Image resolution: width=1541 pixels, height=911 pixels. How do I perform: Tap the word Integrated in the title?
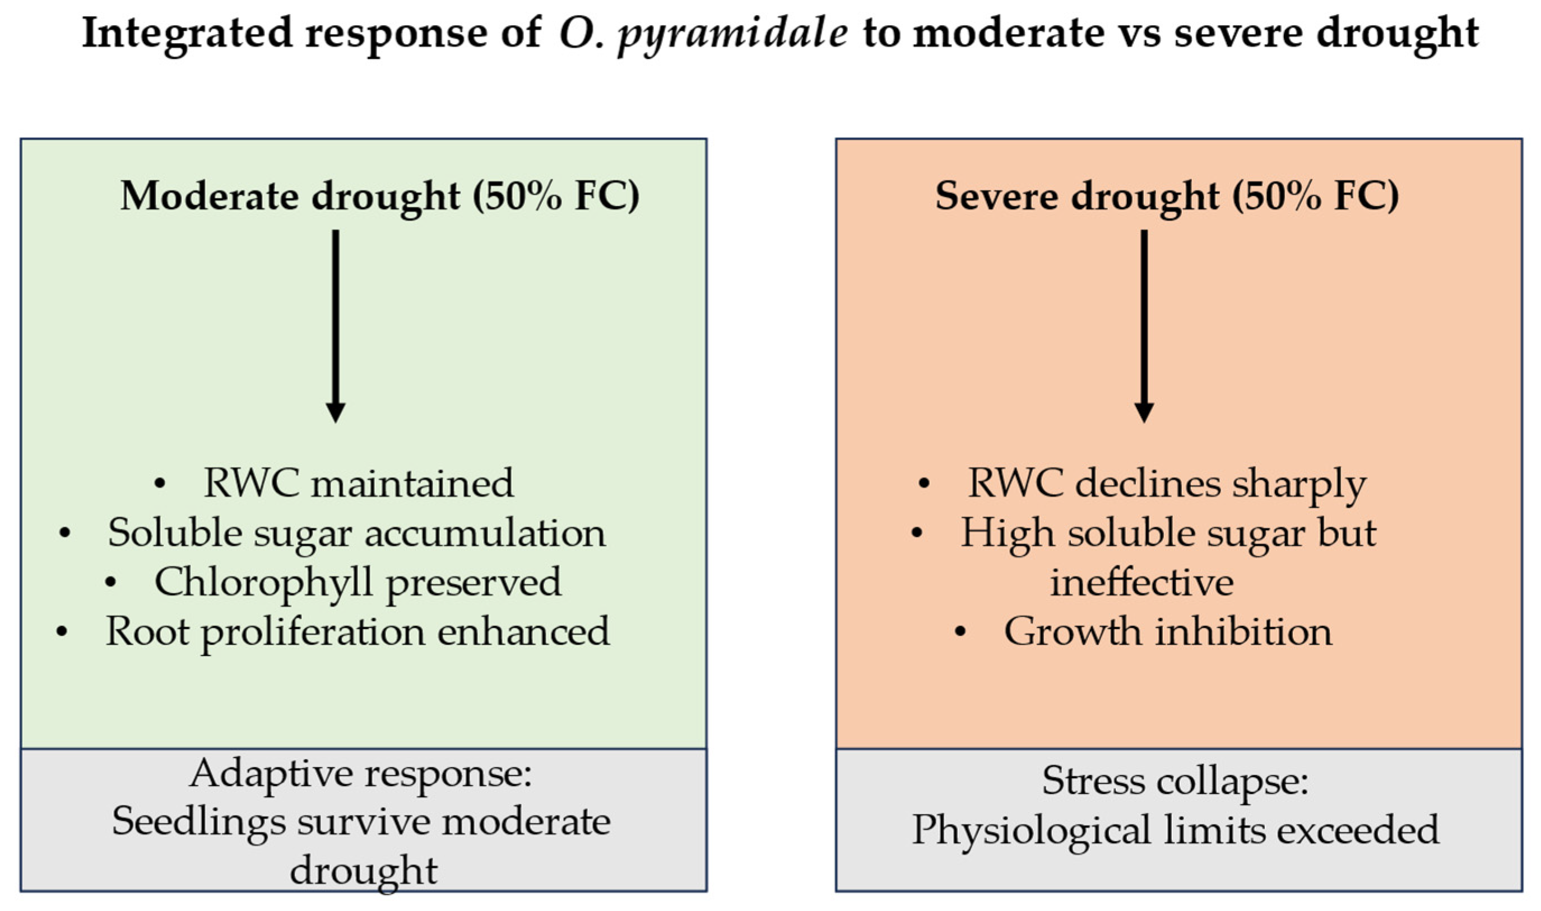click(187, 34)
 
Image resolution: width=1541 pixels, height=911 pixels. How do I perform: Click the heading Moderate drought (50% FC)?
click(380, 197)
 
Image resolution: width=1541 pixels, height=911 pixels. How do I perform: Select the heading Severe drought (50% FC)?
click(1167, 197)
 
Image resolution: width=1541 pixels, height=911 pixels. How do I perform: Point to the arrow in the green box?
click(335, 326)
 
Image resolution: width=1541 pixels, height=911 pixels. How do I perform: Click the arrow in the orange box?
click(1144, 326)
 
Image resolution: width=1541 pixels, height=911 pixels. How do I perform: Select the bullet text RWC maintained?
click(359, 483)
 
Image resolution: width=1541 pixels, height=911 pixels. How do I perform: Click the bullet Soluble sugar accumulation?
click(357, 533)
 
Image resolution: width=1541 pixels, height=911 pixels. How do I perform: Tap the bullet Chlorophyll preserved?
click(358, 583)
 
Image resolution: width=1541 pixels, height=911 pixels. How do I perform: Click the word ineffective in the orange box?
click(1142, 582)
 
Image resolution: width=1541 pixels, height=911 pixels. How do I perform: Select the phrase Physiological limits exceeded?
click(1175, 830)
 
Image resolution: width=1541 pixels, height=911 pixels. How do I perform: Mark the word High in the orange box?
click(1008, 533)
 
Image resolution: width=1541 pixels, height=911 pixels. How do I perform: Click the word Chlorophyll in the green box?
click(263, 583)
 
